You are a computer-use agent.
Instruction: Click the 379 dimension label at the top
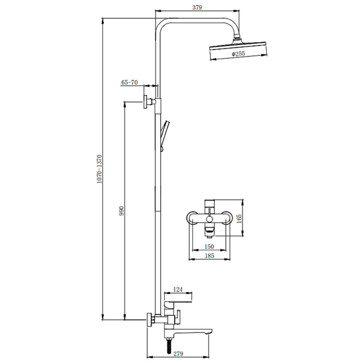pyautogui.click(x=197, y=7)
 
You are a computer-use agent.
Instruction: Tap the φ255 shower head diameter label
pyautogui.click(x=238, y=54)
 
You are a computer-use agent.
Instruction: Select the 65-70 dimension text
pyautogui.click(x=130, y=82)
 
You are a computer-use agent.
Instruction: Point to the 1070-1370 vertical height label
pyautogui.click(x=99, y=169)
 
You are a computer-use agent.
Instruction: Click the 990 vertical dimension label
pyautogui.click(x=122, y=211)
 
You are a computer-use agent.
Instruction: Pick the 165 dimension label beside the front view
pyautogui.click(x=239, y=219)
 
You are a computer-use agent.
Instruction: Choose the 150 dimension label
pyautogui.click(x=209, y=246)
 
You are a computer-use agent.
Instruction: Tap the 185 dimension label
pyautogui.click(x=209, y=256)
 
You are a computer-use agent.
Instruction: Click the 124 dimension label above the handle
pyautogui.click(x=178, y=289)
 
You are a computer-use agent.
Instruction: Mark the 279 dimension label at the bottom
pyautogui.click(x=178, y=353)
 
